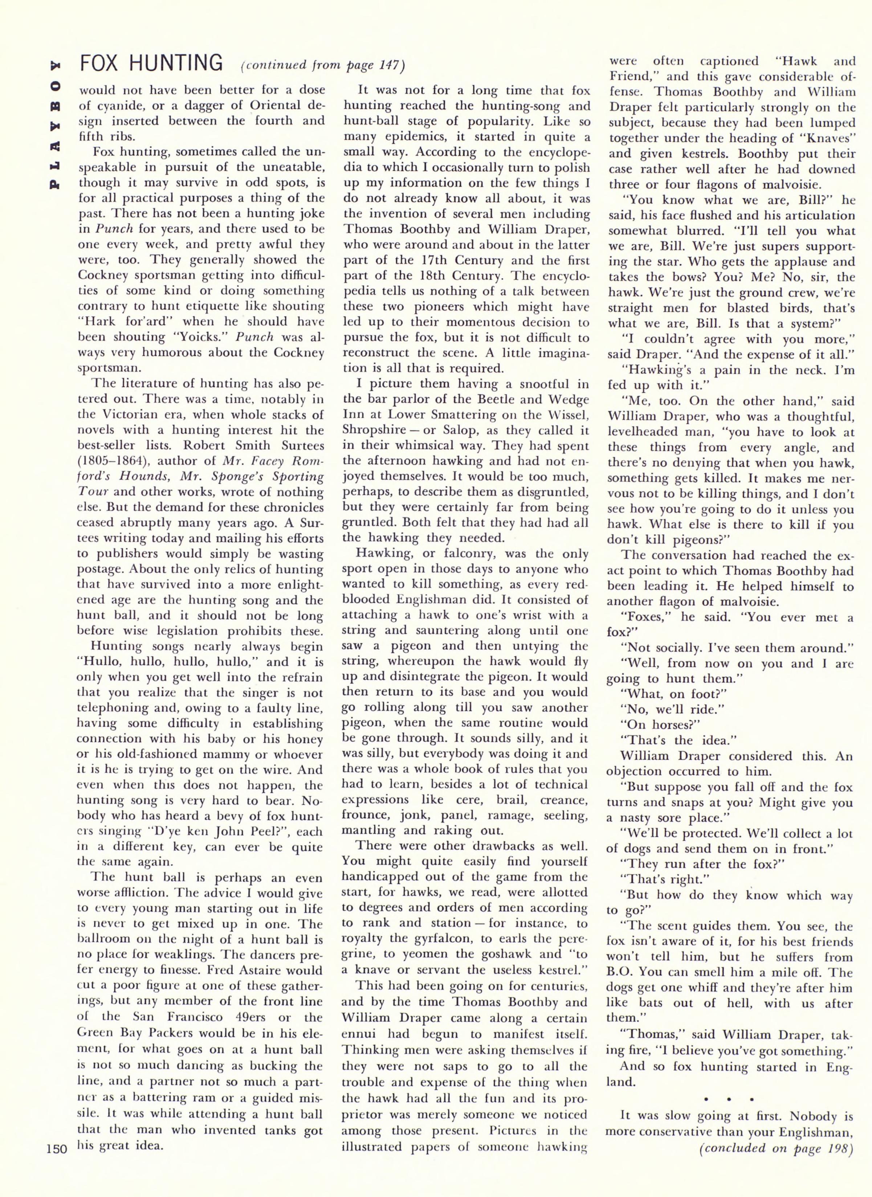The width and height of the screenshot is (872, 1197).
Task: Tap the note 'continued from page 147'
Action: pyautogui.click(x=322, y=65)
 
